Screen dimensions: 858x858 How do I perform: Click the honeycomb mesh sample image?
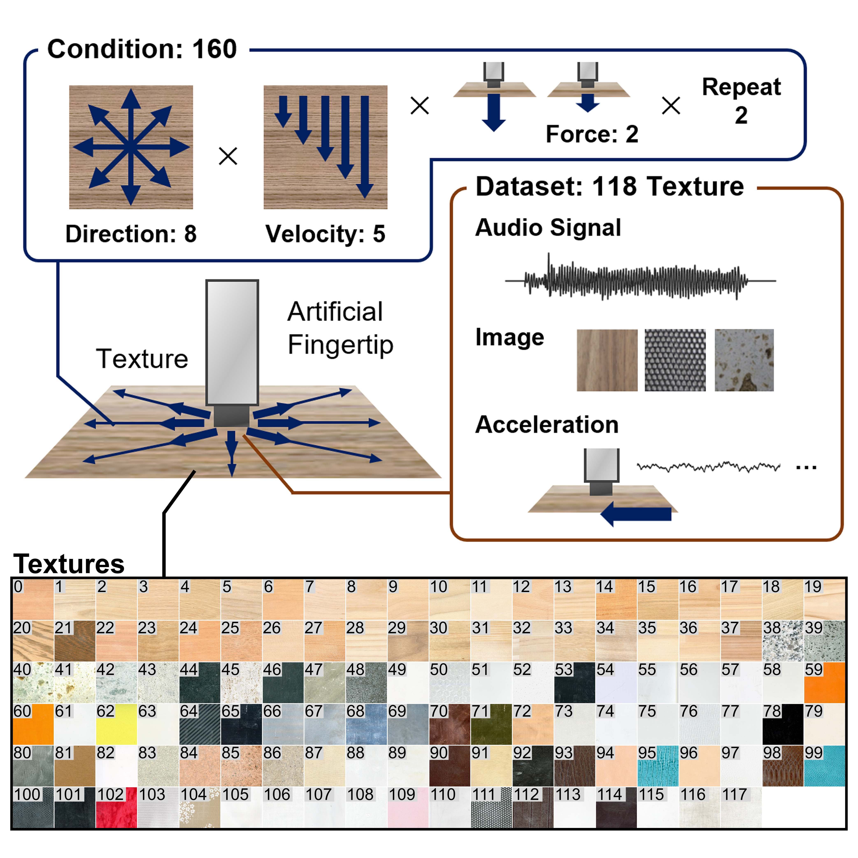pos(675,360)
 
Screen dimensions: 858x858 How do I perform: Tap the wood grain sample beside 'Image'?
pos(607,360)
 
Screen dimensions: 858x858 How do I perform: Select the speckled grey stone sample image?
pos(744,360)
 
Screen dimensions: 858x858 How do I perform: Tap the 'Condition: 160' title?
pos(142,49)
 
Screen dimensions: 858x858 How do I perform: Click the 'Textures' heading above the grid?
pos(69,564)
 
